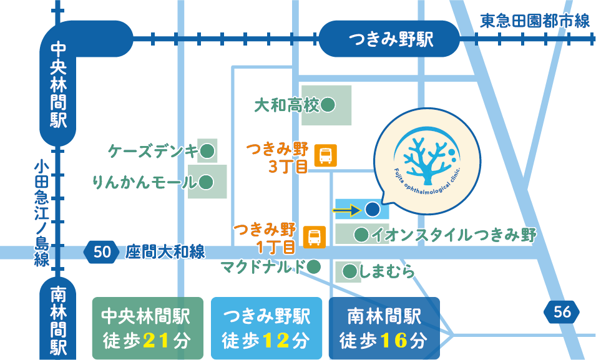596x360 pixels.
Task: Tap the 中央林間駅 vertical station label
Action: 59,84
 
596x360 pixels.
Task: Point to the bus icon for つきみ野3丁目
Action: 326,155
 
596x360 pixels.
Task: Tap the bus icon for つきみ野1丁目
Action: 314,237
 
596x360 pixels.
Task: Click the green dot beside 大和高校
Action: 328,105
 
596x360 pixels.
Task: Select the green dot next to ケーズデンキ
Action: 207,150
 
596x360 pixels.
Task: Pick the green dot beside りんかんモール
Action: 207,182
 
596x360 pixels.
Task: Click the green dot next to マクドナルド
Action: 315,267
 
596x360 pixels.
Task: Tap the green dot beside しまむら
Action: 349,271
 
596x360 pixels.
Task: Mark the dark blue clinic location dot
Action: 372,210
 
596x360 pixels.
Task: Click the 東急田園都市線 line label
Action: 535,21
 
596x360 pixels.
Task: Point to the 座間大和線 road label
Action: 165,252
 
